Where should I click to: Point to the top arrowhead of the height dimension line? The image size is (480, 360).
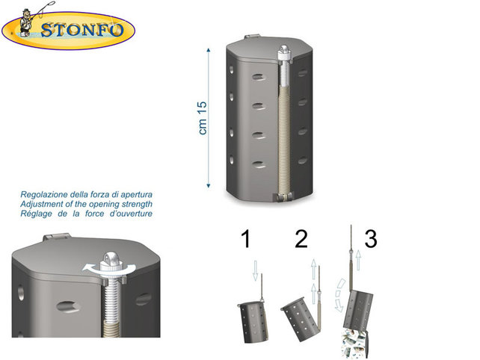(209, 49)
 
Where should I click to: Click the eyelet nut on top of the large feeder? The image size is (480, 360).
(285, 54)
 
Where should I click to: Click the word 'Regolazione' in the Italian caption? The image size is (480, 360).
(49, 196)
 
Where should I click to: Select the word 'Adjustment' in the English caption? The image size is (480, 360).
(46, 205)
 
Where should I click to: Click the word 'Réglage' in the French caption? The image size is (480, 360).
(39, 214)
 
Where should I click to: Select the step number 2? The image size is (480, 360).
(301, 240)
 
